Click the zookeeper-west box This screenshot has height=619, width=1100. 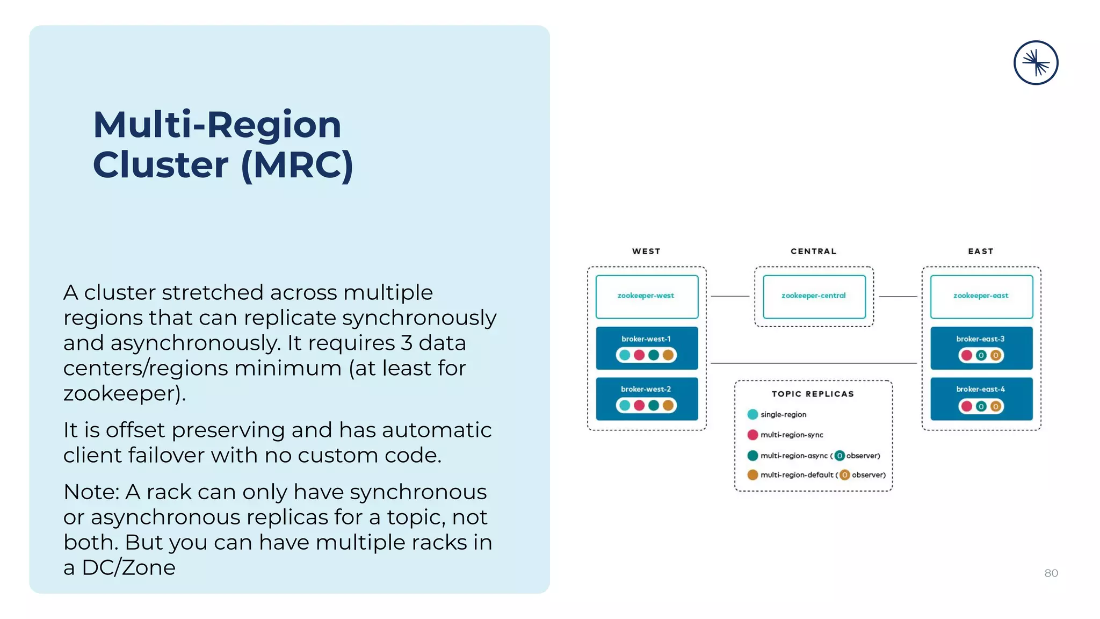[x=647, y=297]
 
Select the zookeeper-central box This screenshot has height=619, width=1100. [x=814, y=297]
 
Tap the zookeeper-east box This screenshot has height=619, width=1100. [x=981, y=297]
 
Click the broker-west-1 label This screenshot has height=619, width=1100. [x=646, y=339]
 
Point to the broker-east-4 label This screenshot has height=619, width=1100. [x=980, y=389]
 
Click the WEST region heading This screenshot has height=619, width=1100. [x=646, y=251]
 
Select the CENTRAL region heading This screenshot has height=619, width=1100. [x=813, y=251]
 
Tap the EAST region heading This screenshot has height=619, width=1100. [x=981, y=251]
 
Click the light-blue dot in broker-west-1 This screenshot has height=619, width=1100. [x=625, y=355]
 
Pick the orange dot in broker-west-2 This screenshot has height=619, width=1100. [x=668, y=405]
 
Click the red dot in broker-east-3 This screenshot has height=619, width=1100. [x=967, y=355]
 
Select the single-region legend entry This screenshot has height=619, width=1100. [x=783, y=414]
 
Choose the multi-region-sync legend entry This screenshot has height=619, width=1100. [x=791, y=435]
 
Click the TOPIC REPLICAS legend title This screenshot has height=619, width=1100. [x=813, y=394]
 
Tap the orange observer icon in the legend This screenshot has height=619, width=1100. [x=845, y=475]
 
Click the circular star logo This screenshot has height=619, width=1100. [x=1036, y=63]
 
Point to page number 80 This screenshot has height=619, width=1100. [x=1051, y=573]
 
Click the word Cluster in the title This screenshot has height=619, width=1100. [x=161, y=165]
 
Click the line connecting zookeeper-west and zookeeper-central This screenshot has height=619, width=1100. [x=730, y=297]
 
